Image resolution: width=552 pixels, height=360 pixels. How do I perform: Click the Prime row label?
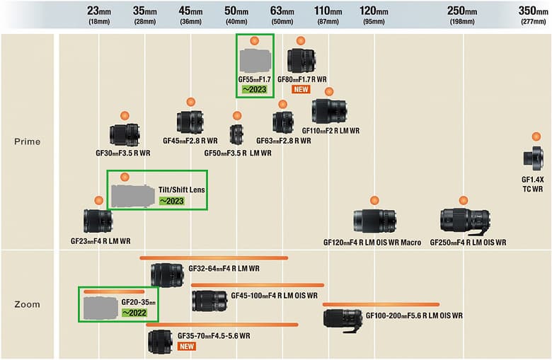point(28,141)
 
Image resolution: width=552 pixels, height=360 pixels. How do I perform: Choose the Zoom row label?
point(28,304)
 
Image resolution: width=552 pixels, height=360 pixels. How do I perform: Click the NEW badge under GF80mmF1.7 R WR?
point(301,90)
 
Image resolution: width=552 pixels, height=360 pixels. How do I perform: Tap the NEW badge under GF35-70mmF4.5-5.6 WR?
point(187,346)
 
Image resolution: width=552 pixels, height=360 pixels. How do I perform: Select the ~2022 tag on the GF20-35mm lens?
point(134,313)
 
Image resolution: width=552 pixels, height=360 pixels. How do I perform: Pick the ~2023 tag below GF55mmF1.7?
point(255,90)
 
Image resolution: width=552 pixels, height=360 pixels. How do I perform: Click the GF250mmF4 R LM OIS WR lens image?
point(465,221)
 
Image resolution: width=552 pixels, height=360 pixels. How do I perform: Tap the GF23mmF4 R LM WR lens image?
point(98,221)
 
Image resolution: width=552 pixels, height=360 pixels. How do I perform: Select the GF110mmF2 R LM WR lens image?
point(329,111)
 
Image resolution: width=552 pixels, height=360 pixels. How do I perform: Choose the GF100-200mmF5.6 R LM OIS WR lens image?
point(343,318)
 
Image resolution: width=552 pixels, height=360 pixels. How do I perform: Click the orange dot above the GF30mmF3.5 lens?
point(124,115)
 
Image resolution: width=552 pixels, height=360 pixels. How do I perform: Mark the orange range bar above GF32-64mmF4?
point(214,257)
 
